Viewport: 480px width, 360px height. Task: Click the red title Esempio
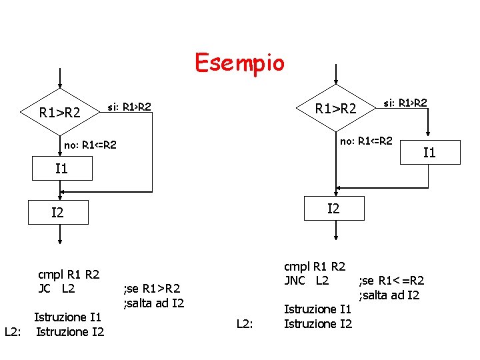(x=239, y=63)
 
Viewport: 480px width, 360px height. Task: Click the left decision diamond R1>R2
(x=60, y=113)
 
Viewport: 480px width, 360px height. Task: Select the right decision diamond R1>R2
(x=336, y=108)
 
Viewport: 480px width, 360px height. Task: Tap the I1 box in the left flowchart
(x=61, y=168)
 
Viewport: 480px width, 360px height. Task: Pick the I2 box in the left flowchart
(x=58, y=213)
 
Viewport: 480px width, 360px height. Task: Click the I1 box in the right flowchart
(x=429, y=153)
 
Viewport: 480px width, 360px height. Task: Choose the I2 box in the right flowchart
(x=333, y=208)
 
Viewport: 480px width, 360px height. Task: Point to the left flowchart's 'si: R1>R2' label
(x=129, y=107)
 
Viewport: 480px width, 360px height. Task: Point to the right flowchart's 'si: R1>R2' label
(x=405, y=103)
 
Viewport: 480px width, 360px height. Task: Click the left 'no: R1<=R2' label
(x=90, y=145)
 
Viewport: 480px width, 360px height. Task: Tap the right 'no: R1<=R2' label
(x=366, y=141)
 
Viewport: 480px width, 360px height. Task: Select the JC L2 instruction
(x=57, y=289)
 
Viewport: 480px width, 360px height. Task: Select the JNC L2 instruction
(x=306, y=280)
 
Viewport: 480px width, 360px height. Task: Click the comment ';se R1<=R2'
(x=392, y=281)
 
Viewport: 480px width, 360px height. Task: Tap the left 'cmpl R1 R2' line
(x=69, y=274)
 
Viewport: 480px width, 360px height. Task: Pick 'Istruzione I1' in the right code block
(x=317, y=309)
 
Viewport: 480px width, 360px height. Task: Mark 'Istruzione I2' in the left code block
(x=69, y=331)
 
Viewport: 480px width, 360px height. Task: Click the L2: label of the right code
(x=246, y=323)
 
